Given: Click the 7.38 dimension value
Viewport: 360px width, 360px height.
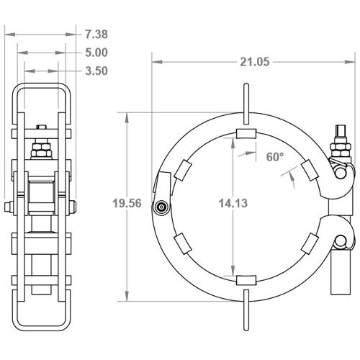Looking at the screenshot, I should tap(96, 34).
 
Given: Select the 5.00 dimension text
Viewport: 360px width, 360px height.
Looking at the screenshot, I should tap(96, 53).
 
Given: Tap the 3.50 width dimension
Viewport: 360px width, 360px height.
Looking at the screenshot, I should tap(96, 71).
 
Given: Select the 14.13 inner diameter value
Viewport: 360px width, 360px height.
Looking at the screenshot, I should tap(233, 204).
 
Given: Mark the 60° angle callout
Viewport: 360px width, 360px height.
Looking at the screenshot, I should tap(274, 157).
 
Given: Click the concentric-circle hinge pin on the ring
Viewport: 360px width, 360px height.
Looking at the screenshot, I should tap(161, 208).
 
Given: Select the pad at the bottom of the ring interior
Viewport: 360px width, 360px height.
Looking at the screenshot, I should tap(246, 279).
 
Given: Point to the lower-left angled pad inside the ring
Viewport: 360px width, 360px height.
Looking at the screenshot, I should tap(182, 242).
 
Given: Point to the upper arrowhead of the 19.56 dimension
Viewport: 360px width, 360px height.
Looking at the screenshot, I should tap(127, 116).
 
